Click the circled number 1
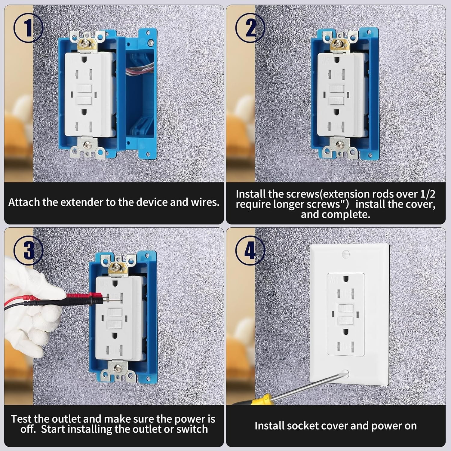pos(29,29)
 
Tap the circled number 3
pos(29,250)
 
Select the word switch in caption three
pos(192,429)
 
